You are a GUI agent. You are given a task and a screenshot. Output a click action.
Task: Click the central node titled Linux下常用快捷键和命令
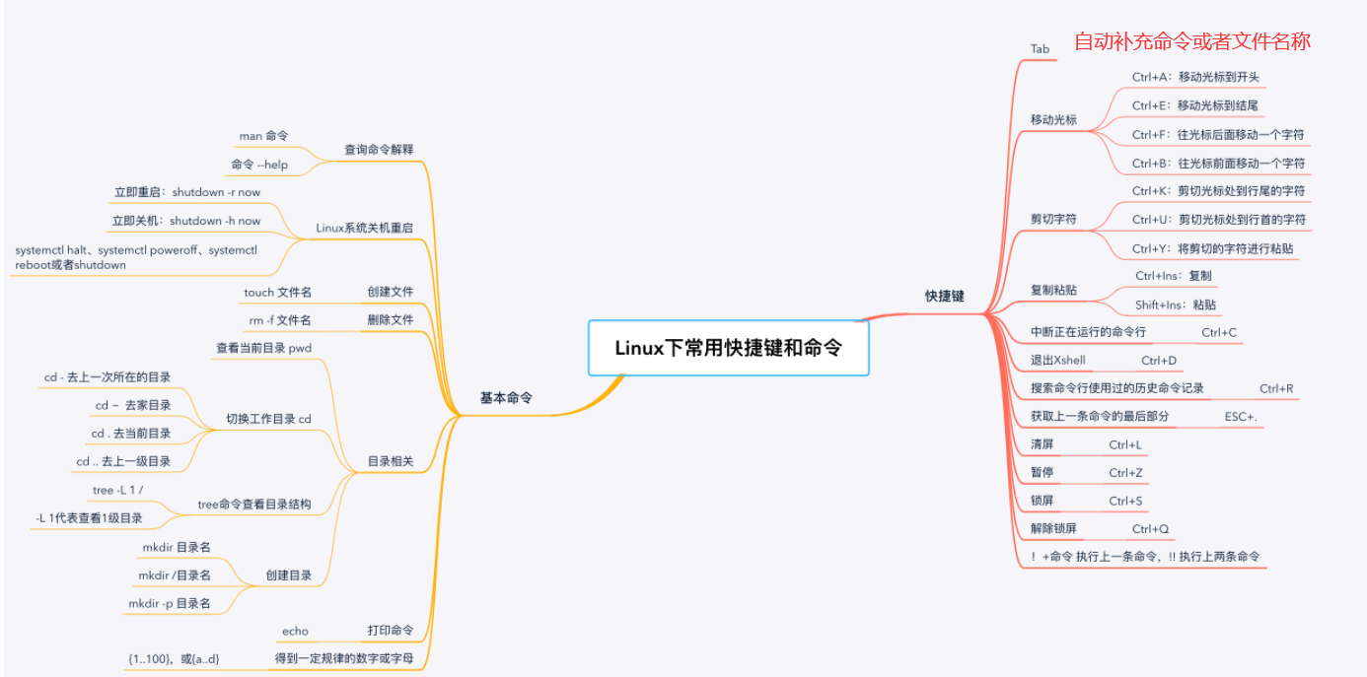point(728,347)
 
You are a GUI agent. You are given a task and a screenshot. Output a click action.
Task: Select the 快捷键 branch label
point(944,296)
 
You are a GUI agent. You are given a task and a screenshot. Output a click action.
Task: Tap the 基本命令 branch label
point(507,397)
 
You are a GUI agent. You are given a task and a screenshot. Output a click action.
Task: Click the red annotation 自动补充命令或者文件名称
point(1191,41)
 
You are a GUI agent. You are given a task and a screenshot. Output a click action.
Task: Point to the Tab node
point(1040,48)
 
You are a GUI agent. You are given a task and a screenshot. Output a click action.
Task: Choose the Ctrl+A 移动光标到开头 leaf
point(1195,77)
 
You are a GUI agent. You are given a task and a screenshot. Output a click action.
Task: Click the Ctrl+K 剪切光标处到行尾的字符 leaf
point(1218,191)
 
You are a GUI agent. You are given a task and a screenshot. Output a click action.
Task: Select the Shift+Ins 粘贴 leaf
point(1175,305)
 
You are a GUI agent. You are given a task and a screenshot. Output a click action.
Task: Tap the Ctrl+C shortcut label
point(1218,333)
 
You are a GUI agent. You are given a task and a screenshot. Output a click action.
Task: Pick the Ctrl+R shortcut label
point(1275,388)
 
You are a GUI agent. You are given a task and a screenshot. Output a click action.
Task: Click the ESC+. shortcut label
point(1240,417)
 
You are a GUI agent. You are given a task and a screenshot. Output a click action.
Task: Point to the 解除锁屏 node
point(1053,528)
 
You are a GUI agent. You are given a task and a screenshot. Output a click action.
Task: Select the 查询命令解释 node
point(379,150)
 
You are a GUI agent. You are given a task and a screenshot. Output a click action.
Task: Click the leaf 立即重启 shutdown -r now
point(187,192)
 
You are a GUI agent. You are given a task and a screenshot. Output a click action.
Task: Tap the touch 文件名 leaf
point(277,292)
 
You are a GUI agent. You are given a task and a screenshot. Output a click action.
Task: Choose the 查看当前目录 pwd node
point(263,348)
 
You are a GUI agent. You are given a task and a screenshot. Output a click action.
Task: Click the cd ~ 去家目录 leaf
point(133,405)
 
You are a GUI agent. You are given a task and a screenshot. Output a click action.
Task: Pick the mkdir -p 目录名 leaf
point(169,603)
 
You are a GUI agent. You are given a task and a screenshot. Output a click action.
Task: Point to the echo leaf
point(295,631)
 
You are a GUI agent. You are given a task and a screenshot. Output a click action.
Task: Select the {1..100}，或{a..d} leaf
point(174,658)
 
